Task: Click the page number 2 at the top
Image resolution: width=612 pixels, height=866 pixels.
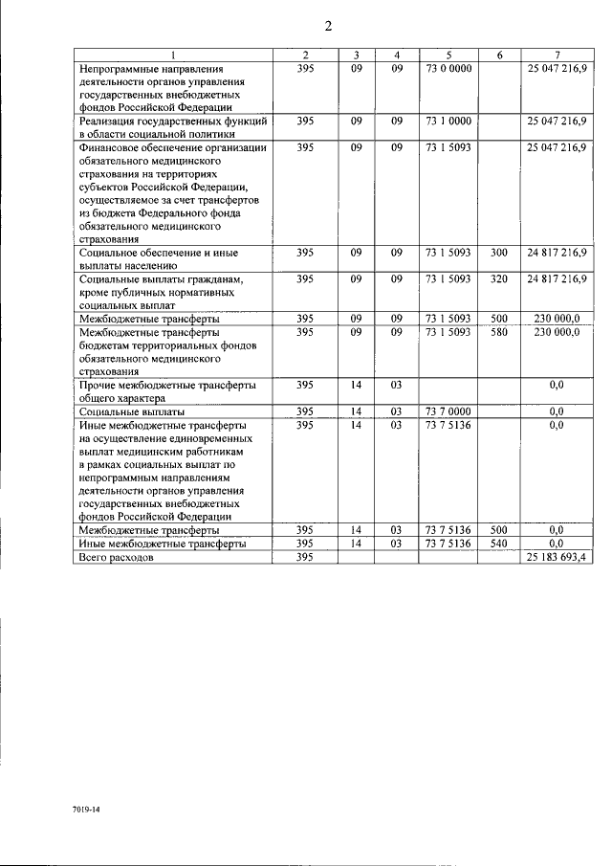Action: pyautogui.click(x=327, y=26)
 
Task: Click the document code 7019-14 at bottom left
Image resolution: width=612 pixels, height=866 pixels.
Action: pyautogui.click(x=85, y=810)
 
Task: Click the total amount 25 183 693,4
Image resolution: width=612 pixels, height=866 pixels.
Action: pyautogui.click(x=557, y=557)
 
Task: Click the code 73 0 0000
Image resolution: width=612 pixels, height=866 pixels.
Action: pyautogui.click(x=448, y=69)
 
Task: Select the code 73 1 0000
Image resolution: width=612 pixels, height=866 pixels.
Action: pyautogui.click(x=448, y=122)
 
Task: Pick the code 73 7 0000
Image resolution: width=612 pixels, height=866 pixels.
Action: pyautogui.click(x=448, y=411)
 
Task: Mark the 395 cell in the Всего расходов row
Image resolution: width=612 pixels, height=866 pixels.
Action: pyautogui.click(x=304, y=557)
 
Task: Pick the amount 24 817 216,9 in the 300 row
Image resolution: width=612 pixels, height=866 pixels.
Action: pyautogui.click(x=557, y=253)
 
